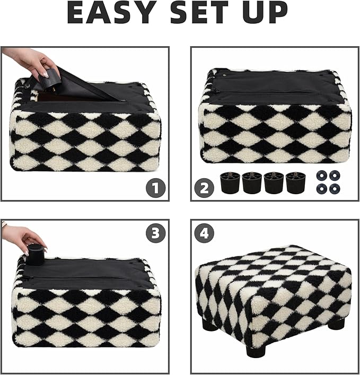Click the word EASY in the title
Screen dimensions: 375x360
[112, 13]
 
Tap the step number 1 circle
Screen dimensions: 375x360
[156, 187]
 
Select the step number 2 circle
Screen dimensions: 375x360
[205, 187]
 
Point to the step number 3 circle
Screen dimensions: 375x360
[156, 234]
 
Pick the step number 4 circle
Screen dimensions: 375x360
[205, 234]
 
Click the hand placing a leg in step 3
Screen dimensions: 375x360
[24, 238]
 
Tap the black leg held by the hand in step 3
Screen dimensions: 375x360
[36, 255]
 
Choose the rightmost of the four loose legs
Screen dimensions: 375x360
[295, 182]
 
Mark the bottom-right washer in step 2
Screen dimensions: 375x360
[335, 188]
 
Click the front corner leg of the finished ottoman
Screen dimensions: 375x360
[256, 351]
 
